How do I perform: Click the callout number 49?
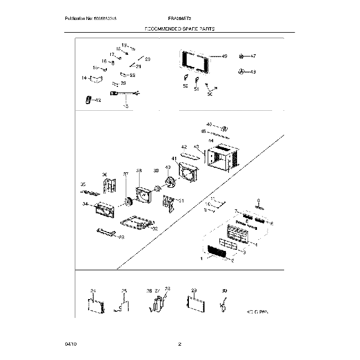coord(224,56)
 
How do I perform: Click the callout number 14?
coord(84,78)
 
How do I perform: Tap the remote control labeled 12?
coord(89,100)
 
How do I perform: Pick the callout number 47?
coord(253,56)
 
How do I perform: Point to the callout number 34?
coord(85,204)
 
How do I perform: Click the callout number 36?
coord(105,174)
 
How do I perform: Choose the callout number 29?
coord(194,290)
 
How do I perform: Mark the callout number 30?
coord(224,290)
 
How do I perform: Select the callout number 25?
coord(124,290)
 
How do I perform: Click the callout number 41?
coord(174,159)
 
